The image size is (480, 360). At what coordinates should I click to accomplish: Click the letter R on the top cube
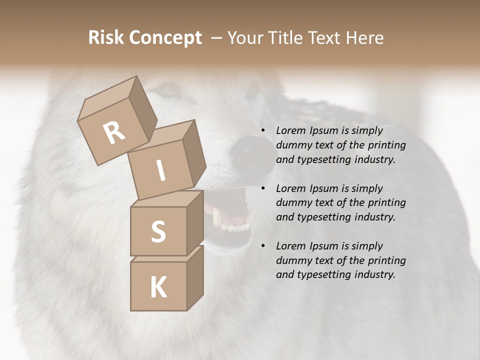(x=114, y=133)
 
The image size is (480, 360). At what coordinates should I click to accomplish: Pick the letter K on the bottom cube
(x=158, y=287)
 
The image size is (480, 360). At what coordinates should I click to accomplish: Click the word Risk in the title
(x=106, y=37)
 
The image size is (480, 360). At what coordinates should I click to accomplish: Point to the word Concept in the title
(x=165, y=38)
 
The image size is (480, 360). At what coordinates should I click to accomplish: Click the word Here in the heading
(x=364, y=37)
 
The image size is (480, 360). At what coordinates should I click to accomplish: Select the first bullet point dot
(x=263, y=131)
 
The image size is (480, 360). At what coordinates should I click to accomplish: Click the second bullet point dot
(x=263, y=189)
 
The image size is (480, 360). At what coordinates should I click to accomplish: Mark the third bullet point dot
(x=263, y=246)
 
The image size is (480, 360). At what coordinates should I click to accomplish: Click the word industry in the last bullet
(x=373, y=274)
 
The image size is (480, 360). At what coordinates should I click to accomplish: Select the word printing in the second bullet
(x=387, y=203)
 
